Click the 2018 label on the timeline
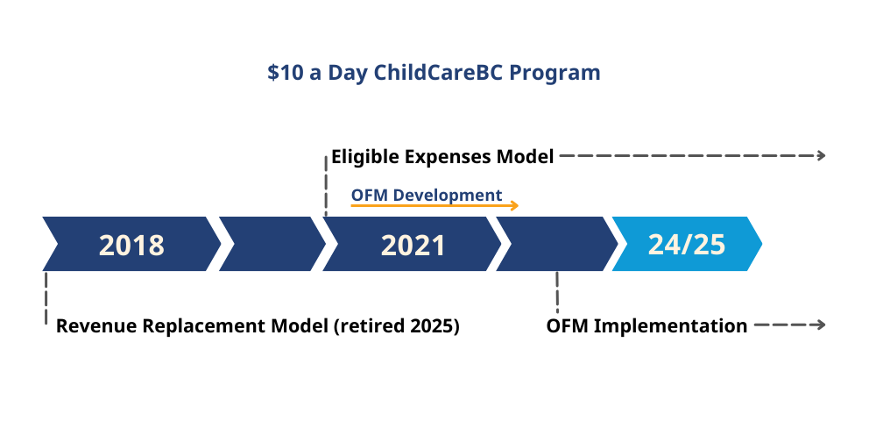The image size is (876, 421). click(x=132, y=245)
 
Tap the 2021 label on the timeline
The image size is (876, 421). click(x=413, y=245)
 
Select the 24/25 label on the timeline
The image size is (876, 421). click(x=687, y=245)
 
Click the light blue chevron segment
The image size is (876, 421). click(x=687, y=244)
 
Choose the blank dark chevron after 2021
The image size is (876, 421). click(x=557, y=244)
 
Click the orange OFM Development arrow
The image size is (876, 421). click(x=435, y=206)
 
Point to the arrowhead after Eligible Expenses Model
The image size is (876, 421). click(x=822, y=156)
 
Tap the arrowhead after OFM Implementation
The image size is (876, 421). click(x=822, y=325)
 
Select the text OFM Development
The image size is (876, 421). click(x=427, y=195)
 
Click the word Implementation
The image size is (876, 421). click(x=670, y=326)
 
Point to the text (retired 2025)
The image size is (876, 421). click(x=397, y=326)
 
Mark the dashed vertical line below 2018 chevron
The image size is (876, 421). click(x=46, y=298)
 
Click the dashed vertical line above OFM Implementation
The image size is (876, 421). click(x=557, y=292)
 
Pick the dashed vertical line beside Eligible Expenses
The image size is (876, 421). click(x=326, y=186)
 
